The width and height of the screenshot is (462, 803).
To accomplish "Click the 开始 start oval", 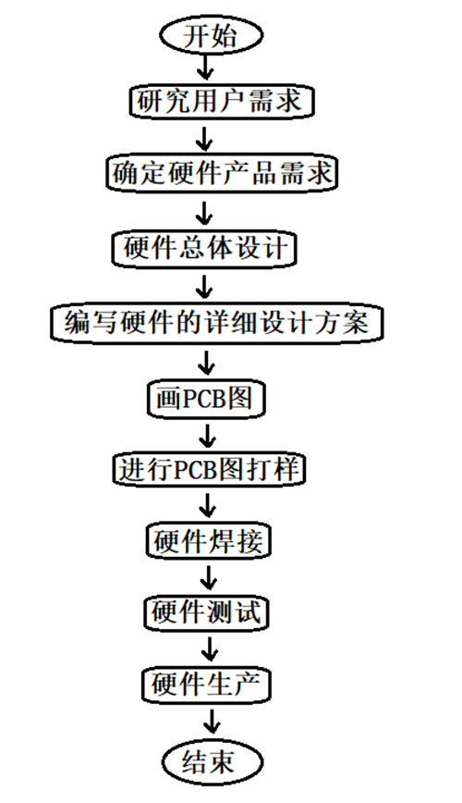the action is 212,36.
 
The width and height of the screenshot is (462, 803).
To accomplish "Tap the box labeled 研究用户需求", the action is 220,102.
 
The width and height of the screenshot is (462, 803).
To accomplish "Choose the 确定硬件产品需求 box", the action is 223,174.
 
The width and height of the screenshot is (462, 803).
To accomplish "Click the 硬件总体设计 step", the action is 204,249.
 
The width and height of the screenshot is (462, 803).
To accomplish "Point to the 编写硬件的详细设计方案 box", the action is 217,324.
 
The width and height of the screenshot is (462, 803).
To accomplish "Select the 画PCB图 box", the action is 206,398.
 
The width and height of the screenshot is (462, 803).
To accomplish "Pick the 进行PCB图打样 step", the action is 209,469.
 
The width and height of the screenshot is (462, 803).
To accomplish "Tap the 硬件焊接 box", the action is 208,541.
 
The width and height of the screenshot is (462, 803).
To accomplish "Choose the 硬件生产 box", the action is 206,685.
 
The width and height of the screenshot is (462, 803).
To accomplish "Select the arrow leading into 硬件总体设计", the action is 204,213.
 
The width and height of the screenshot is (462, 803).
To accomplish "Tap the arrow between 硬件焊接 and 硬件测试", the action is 208,577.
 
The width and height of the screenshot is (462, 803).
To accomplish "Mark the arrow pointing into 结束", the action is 211,723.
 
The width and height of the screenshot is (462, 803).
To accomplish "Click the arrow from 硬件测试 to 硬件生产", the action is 209,649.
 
